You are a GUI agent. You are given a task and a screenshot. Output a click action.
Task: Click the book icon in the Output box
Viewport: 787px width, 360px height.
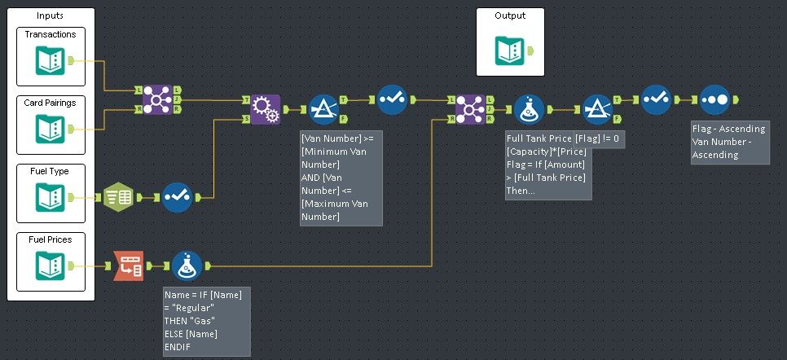point(510,51)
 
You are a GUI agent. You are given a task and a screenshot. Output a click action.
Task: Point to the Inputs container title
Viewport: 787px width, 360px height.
point(51,16)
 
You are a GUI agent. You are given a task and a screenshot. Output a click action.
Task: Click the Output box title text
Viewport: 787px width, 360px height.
point(510,15)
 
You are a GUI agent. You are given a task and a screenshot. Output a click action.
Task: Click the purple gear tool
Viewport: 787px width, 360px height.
point(263,108)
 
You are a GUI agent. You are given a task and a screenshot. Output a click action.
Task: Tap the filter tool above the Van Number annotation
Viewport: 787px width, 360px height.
point(323,109)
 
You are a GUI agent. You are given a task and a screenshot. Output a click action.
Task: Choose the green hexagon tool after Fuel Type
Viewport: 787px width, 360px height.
point(119,197)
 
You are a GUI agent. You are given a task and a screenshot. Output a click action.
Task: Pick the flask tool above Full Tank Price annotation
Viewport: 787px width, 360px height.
point(529,109)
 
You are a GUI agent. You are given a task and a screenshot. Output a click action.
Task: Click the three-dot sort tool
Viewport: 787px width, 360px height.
point(714,99)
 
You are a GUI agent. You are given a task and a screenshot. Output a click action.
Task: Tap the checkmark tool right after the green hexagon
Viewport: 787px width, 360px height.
point(177,197)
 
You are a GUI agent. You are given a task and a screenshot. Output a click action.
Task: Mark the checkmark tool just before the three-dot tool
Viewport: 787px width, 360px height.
point(655,99)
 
